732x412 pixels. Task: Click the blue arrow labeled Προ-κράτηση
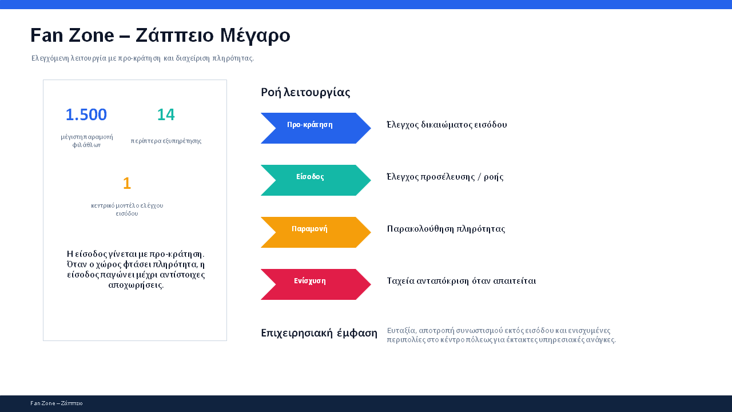click(316, 128)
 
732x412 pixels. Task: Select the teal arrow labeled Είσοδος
click(316, 180)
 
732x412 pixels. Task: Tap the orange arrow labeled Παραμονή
click(316, 232)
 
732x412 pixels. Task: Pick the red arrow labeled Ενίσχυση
click(316, 284)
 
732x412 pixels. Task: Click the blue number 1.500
click(86, 115)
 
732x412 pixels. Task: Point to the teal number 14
click(166, 115)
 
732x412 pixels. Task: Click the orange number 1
click(127, 183)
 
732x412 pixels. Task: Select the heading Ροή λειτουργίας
click(305, 93)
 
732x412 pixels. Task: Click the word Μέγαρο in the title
click(255, 35)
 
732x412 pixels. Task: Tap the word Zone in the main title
click(91, 35)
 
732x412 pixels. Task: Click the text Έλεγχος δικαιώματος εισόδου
click(447, 125)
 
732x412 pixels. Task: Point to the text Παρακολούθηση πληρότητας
click(446, 229)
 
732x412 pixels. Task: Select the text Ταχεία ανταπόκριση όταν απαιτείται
click(462, 281)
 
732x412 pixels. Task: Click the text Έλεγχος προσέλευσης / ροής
click(445, 177)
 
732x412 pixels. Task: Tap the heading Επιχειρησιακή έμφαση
click(319, 333)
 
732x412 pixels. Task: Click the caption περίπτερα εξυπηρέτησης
click(166, 141)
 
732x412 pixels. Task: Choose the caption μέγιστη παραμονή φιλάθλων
click(86, 141)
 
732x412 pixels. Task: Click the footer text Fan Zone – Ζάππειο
click(57, 403)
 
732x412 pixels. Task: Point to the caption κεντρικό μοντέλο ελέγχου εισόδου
click(127, 209)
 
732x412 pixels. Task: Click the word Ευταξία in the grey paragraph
click(401, 331)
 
